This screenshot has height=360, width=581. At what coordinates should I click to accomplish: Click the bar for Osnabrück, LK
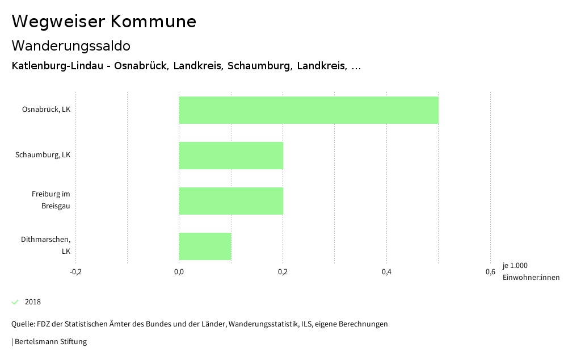click(309, 110)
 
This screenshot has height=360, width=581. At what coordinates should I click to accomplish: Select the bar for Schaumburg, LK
click(231, 156)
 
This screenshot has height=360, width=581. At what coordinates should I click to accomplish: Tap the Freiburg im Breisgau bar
click(231, 201)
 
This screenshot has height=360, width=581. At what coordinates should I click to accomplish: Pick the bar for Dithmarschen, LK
click(205, 246)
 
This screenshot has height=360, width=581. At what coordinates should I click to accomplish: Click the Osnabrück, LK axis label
click(46, 110)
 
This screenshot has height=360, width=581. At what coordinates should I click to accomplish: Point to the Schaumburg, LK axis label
click(43, 155)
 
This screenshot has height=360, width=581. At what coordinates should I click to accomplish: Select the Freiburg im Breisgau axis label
click(50, 200)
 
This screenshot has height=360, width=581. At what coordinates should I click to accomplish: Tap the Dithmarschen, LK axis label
click(45, 245)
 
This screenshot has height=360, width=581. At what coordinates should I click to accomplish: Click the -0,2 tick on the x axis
click(75, 272)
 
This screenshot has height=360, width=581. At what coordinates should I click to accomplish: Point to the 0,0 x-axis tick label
click(179, 272)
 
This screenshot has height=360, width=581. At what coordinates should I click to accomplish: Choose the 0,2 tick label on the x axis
click(283, 272)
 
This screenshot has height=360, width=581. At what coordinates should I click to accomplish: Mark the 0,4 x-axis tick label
click(386, 272)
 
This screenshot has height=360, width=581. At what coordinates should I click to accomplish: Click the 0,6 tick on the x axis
click(490, 272)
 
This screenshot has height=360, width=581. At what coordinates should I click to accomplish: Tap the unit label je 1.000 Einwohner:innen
click(531, 271)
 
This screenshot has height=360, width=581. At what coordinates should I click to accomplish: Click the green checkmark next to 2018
click(15, 302)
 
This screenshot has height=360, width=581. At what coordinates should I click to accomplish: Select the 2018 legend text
click(33, 302)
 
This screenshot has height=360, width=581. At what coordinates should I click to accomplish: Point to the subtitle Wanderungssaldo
click(71, 45)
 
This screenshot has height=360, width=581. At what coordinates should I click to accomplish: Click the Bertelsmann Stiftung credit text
click(50, 342)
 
